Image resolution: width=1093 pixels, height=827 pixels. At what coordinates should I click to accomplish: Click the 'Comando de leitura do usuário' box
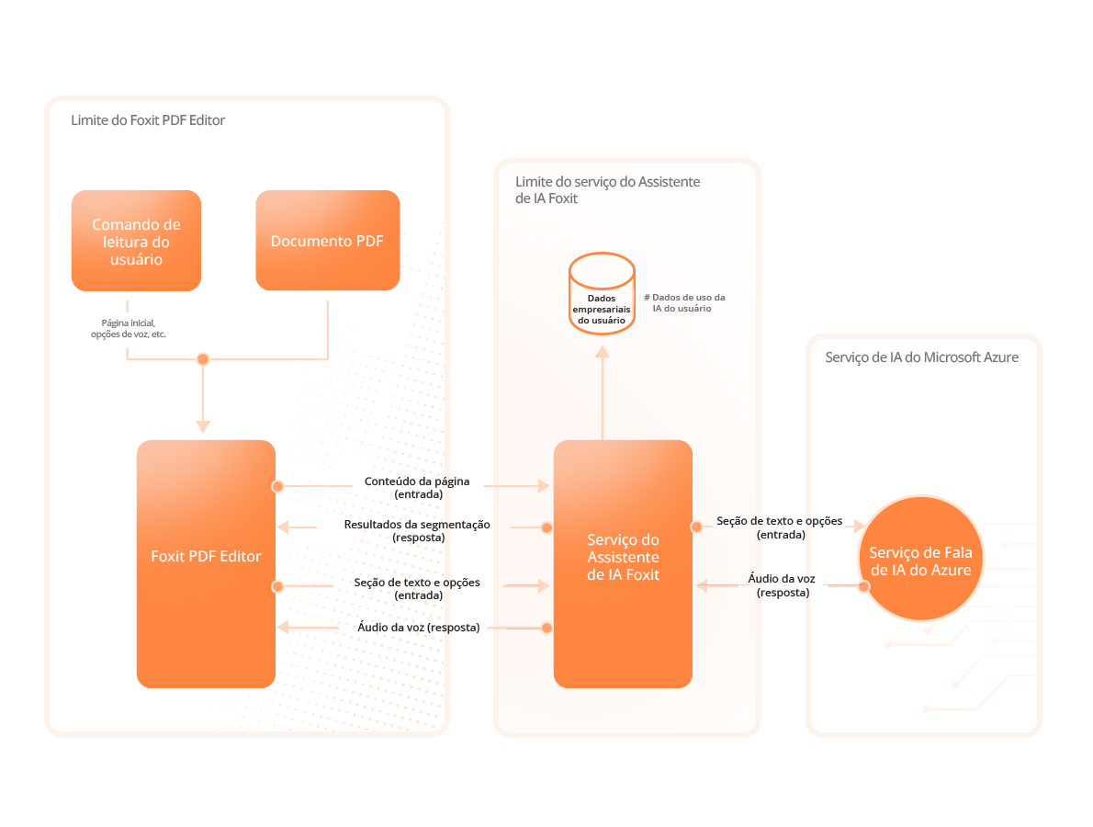pyautogui.click(x=136, y=241)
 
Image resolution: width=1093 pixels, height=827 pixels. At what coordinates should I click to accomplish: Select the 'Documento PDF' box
pyautogui.click(x=327, y=241)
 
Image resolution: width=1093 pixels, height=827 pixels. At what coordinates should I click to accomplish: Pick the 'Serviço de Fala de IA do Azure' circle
pyautogui.click(x=919, y=558)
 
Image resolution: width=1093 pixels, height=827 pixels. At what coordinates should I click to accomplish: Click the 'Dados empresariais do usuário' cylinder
pyautogui.click(x=602, y=294)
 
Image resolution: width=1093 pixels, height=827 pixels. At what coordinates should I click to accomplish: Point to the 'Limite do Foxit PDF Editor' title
pyautogui.click(x=148, y=120)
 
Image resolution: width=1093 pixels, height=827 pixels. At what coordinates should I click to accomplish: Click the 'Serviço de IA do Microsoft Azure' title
pyautogui.click(x=921, y=357)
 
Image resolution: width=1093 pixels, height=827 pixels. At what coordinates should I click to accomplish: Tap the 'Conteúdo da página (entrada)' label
pyautogui.click(x=417, y=487)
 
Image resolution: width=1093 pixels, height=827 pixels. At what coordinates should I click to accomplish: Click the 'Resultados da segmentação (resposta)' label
pyautogui.click(x=417, y=530)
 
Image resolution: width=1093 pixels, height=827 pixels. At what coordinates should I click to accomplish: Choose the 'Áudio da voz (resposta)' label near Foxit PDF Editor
pyautogui.click(x=418, y=628)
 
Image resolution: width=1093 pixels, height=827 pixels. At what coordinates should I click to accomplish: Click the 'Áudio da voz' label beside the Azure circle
pyautogui.click(x=782, y=585)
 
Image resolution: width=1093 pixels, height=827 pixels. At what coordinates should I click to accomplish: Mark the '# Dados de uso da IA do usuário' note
pyautogui.click(x=684, y=303)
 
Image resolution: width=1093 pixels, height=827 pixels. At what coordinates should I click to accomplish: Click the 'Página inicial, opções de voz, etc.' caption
pyautogui.click(x=128, y=329)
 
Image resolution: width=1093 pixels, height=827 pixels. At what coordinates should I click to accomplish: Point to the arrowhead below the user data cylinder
pyautogui.click(x=602, y=352)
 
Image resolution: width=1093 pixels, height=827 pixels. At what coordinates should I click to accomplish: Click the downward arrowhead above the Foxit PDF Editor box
pyautogui.click(x=203, y=426)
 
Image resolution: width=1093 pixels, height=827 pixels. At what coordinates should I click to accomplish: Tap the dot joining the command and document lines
pyautogui.click(x=203, y=359)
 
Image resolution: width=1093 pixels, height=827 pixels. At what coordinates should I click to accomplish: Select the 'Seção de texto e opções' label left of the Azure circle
pyautogui.click(x=780, y=527)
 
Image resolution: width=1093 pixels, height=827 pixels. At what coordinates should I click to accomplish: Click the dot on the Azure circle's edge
pyautogui.click(x=863, y=586)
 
